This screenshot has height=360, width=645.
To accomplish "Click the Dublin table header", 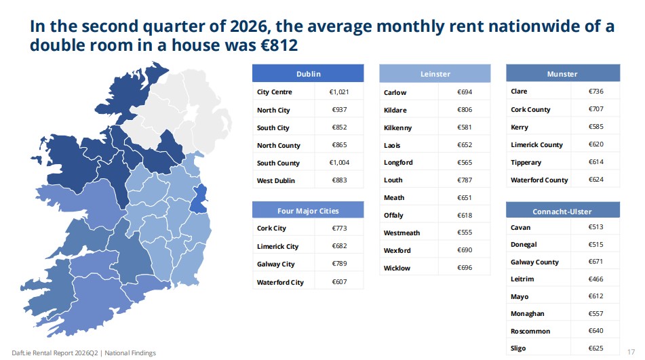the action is (x=308, y=74).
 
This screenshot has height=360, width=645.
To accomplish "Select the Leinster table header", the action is (x=435, y=74).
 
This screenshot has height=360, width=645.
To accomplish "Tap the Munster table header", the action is (x=562, y=74).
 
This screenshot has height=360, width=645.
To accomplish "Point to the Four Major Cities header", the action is (x=308, y=210).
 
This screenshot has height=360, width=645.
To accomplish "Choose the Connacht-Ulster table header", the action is (x=562, y=212).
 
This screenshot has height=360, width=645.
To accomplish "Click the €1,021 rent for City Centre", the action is (x=339, y=92).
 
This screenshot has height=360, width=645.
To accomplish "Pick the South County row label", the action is (x=278, y=163).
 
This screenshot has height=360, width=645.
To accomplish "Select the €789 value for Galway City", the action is (x=339, y=264).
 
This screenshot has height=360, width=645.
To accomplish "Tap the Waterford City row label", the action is (x=280, y=282).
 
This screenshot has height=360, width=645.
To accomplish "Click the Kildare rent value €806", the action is (x=465, y=110).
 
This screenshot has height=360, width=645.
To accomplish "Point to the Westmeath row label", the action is (x=402, y=233).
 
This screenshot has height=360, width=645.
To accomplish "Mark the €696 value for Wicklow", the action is (x=465, y=268).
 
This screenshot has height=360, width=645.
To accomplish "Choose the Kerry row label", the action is (x=520, y=127).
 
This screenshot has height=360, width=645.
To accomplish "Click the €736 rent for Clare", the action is (x=595, y=92).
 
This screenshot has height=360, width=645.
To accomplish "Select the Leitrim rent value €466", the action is (x=595, y=279).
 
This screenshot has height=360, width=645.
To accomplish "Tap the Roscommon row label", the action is (x=530, y=332).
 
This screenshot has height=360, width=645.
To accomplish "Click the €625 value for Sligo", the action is (x=595, y=348).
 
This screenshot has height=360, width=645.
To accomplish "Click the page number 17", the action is (x=631, y=352).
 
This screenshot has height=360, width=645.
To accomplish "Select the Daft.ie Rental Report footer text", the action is (x=84, y=353).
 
